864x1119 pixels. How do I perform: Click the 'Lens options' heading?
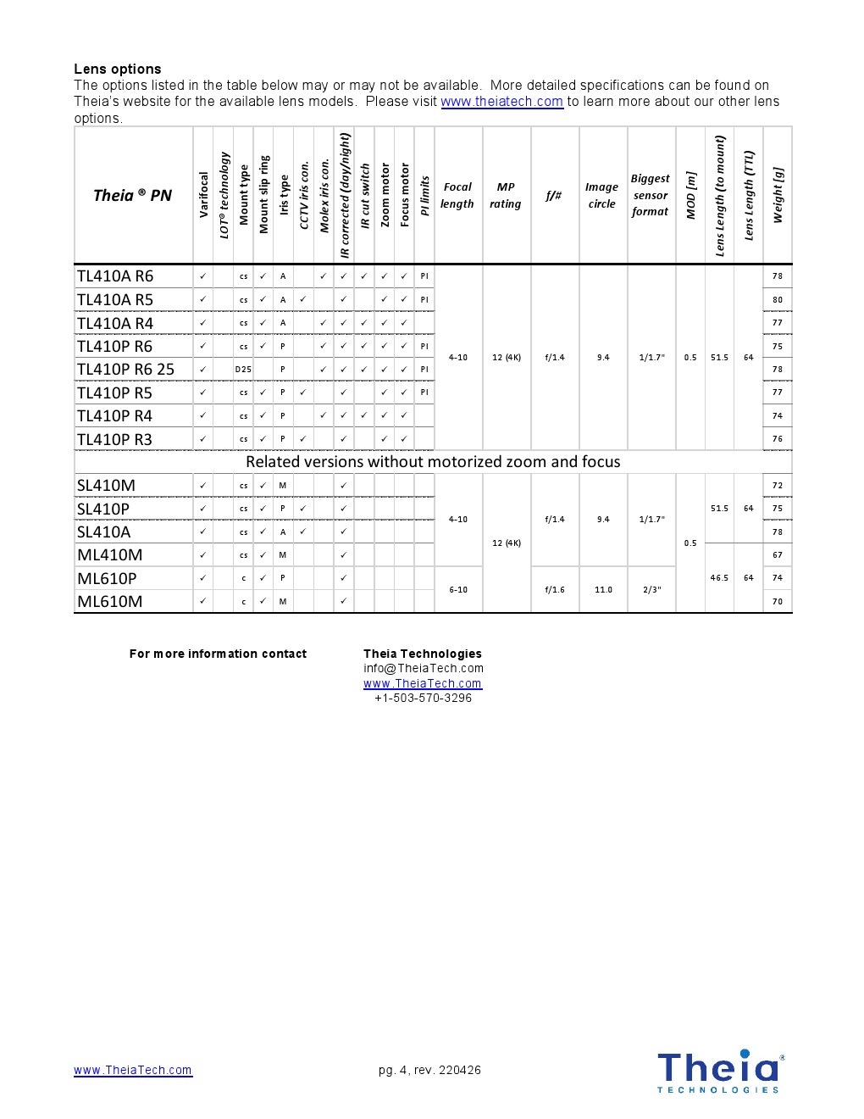point(117,69)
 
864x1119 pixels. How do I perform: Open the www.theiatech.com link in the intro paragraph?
point(501,102)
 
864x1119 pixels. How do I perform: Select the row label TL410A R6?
point(115,276)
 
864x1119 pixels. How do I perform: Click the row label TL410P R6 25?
point(125,370)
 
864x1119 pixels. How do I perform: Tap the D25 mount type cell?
point(243,370)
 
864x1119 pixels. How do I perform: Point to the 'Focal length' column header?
point(457,196)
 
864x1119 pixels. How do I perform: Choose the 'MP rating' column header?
point(506,196)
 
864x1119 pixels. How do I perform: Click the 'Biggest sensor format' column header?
point(651,196)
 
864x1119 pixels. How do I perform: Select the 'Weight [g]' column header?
point(778,196)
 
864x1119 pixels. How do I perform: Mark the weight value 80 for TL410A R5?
point(778,299)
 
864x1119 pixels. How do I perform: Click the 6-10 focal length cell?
point(458,589)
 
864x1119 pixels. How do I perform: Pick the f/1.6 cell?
point(555,589)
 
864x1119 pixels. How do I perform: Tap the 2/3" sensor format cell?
point(651,589)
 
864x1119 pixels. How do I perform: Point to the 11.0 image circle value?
point(603,589)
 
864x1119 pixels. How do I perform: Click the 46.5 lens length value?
point(719,578)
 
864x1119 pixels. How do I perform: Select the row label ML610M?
point(109,602)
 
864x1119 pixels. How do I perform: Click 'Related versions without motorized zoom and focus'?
point(433,462)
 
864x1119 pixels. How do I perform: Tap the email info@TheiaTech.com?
point(424,668)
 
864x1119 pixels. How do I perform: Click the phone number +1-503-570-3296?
point(423,699)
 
